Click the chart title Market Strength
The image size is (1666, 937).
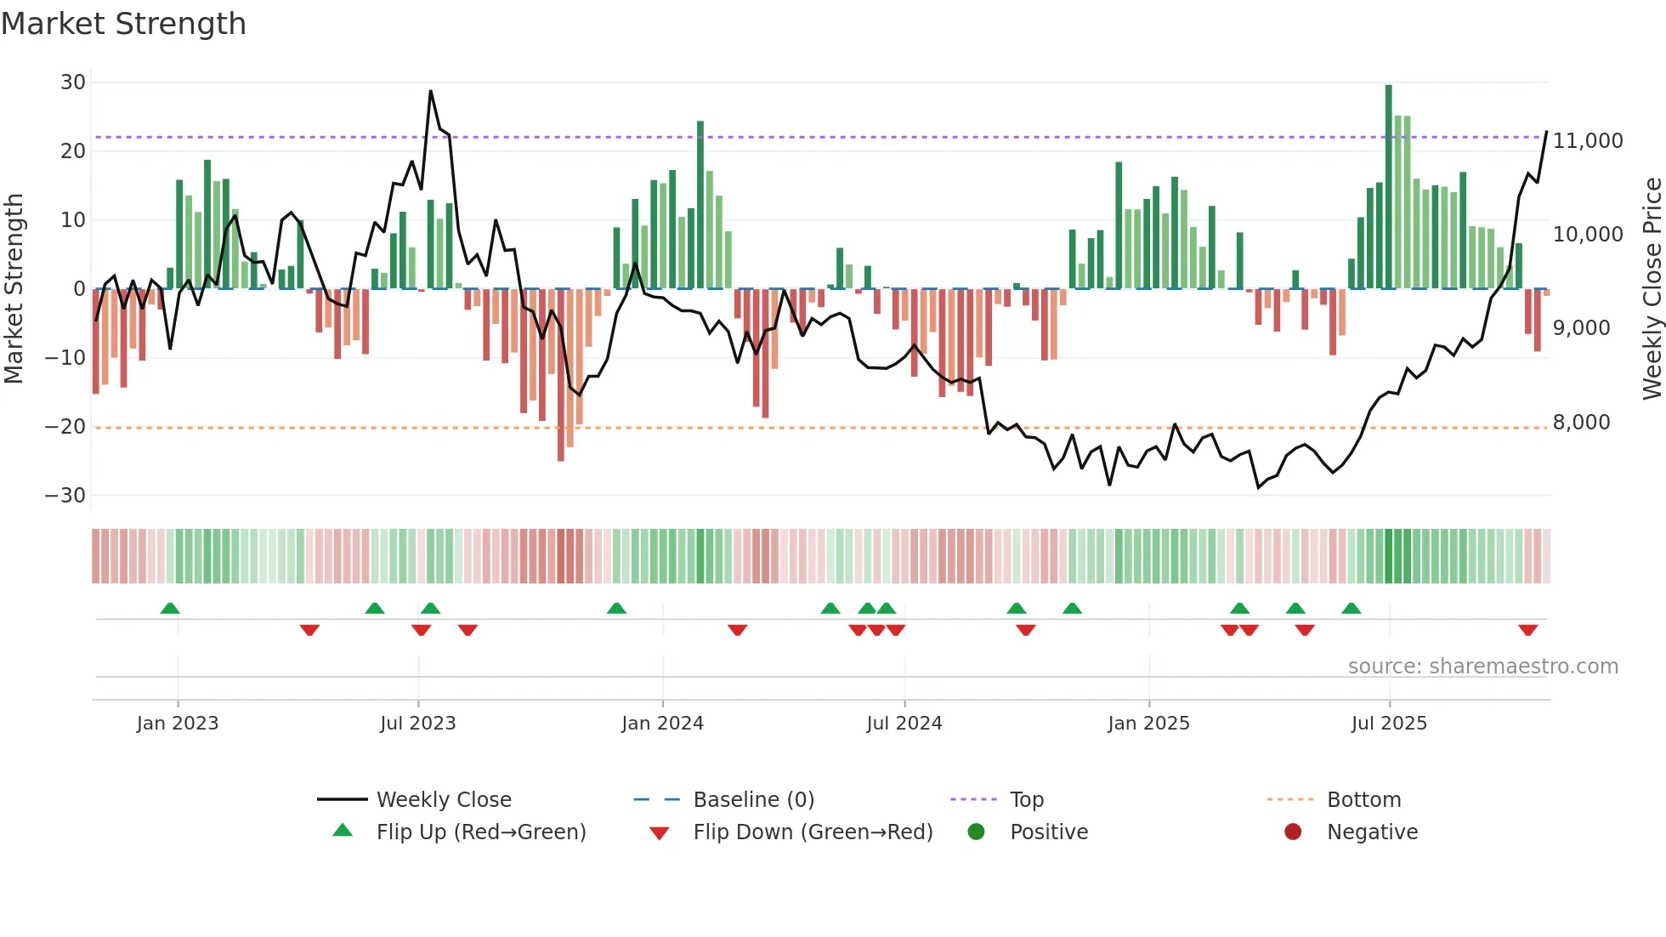point(123,24)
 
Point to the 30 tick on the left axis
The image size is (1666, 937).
point(73,82)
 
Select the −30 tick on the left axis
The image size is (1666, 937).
point(66,496)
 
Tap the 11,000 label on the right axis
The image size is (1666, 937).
point(1588,141)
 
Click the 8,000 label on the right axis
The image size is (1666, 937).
point(1581,423)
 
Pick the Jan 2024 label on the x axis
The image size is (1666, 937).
point(662,724)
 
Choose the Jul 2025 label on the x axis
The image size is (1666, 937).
point(1389,724)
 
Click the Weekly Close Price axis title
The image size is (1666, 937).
point(1652,288)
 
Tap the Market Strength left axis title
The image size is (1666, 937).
point(14,288)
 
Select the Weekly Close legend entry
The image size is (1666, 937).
point(444,800)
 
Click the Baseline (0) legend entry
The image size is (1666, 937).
point(753,800)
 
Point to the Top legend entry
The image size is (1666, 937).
point(1026,800)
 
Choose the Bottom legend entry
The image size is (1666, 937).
point(1363,800)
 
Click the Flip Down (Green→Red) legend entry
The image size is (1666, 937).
point(812,832)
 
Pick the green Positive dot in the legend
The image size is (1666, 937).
point(976,832)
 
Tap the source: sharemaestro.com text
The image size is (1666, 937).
point(1482,667)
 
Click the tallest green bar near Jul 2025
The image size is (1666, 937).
point(1388,187)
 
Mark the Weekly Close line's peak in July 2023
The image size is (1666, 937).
point(431,91)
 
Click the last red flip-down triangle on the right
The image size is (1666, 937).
point(1527,630)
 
